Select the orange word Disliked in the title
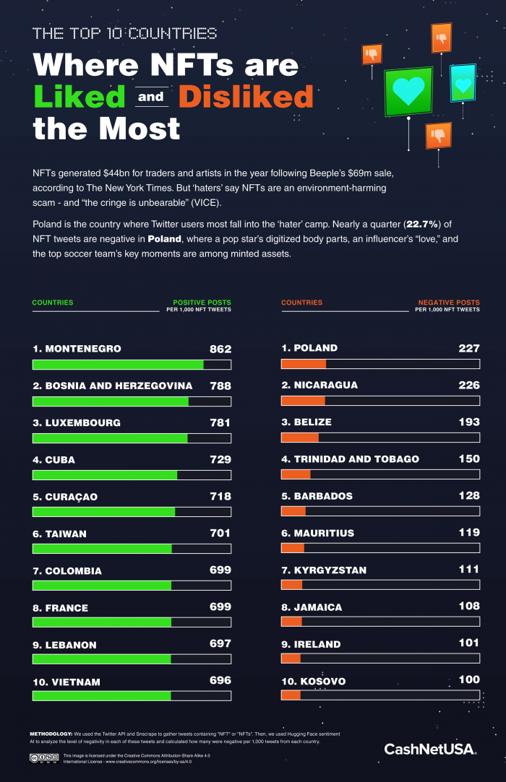pos(246,97)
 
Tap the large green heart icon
pos(408,92)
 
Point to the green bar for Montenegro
pos(118,365)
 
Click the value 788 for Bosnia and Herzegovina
pos(220,386)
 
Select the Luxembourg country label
pos(77,423)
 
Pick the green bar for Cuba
pos(105,475)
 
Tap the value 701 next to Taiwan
pos(220,534)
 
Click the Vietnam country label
pos(67,682)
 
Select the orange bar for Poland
pos(304,364)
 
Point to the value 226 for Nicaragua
pos(468,385)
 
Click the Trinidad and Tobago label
pos(351,459)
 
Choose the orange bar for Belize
pos(300,438)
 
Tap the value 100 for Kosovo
pos(468,680)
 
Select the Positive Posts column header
pos(202,303)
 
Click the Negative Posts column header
pos(449,303)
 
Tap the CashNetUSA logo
pos(429,749)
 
